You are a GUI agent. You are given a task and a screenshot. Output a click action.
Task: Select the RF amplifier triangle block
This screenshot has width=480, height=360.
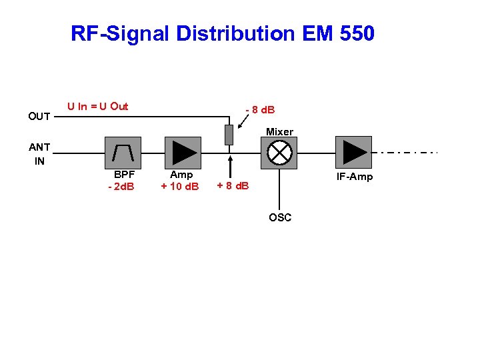[x=182, y=153]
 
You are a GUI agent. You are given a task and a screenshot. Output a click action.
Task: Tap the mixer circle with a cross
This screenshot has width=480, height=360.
[x=279, y=153]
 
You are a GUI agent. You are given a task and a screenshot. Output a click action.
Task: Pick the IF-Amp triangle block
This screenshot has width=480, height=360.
[x=353, y=153]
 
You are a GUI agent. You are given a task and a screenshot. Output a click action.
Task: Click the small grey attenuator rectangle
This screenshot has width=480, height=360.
[x=229, y=135]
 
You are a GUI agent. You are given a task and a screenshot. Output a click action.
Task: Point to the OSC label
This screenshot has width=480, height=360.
[x=280, y=217]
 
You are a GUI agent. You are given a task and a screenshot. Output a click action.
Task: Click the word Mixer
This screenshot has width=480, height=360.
[x=280, y=132]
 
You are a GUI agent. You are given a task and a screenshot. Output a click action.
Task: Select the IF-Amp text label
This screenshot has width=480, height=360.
[x=355, y=177]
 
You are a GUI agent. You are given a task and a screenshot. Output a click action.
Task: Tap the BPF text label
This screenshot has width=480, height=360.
[x=124, y=175]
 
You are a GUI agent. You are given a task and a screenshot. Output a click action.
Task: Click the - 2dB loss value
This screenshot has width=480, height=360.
[x=121, y=186]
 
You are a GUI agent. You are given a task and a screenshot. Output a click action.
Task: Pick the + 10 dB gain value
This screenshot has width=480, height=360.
[x=180, y=186]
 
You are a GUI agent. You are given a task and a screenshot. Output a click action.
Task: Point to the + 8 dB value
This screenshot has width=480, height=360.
[x=233, y=185]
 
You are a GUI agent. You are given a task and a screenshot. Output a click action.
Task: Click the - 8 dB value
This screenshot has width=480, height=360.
[x=261, y=109]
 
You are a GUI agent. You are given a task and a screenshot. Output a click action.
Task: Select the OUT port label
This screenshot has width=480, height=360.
[x=39, y=117]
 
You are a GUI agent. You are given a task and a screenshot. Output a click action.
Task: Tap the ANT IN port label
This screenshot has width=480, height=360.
[x=39, y=154]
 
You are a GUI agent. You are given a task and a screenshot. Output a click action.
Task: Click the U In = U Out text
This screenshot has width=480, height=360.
[x=98, y=107]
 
